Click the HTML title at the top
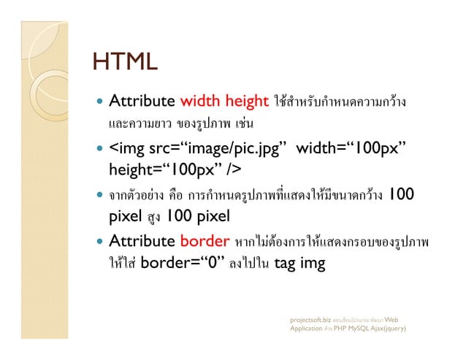coord(125,61)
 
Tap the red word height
coord(246,101)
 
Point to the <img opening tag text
coord(126,149)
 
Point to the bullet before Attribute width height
coord(98,102)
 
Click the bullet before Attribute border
coord(98,242)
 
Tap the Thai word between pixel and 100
coord(152,217)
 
